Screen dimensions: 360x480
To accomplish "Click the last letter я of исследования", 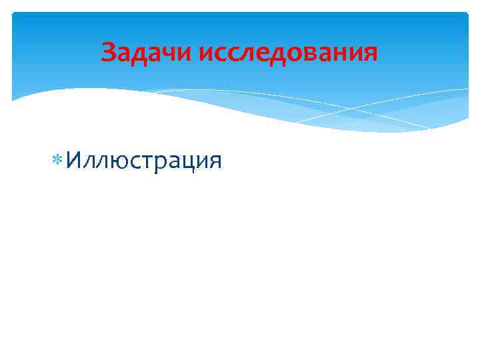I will tap(370, 53).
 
